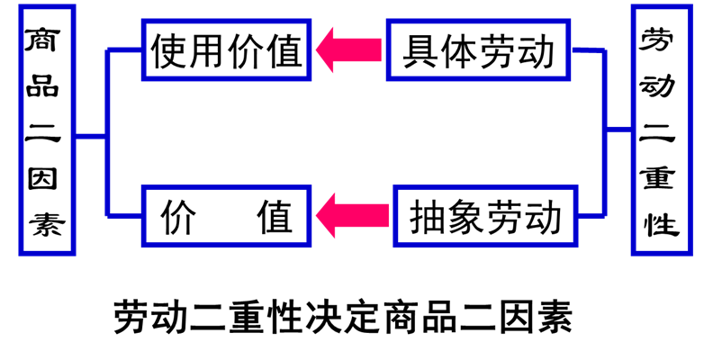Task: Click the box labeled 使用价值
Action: tap(227, 50)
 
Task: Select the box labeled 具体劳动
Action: tap(479, 50)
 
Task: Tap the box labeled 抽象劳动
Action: tap(484, 217)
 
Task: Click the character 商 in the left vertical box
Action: tap(41, 40)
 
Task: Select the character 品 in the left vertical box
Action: tap(41, 86)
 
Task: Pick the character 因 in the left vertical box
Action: tap(41, 178)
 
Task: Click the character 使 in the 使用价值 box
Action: tap(168, 50)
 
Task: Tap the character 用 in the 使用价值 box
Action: tap(207, 50)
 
